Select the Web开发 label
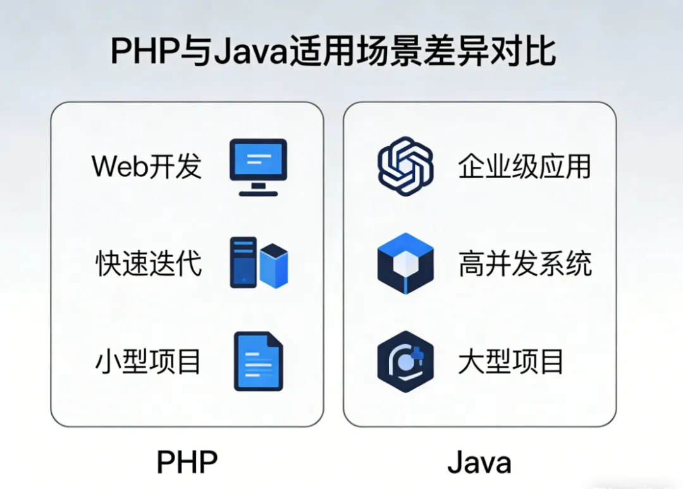click(147, 166)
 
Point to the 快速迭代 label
click(149, 263)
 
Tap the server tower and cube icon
click(259, 263)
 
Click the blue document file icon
click(258, 361)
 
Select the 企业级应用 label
click(524, 166)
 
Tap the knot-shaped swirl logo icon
click(405, 166)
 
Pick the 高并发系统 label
click(525, 263)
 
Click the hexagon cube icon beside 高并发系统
click(405, 263)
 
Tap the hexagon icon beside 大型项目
click(405, 362)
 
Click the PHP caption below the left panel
click(187, 462)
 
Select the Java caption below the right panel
click(479, 462)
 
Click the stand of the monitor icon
click(257, 188)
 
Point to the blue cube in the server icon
click(274, 266)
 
